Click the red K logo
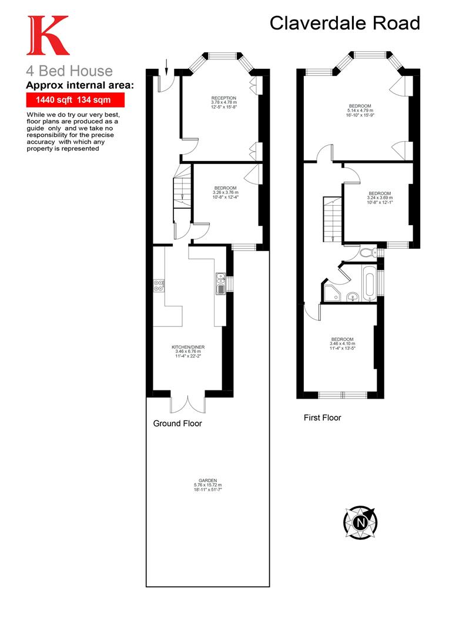[x=46, y=36]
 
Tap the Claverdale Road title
[x=345, y=23]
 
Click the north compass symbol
[x=360, y=520]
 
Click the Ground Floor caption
[x=177, y=423]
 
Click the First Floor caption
[x=322, y=418]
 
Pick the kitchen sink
[x=220, y=283]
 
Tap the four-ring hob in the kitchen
[x=159, y=285]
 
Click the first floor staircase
[x=332, y=219]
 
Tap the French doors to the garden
[x=187, y=403]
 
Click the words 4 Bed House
[x=69, y=72]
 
